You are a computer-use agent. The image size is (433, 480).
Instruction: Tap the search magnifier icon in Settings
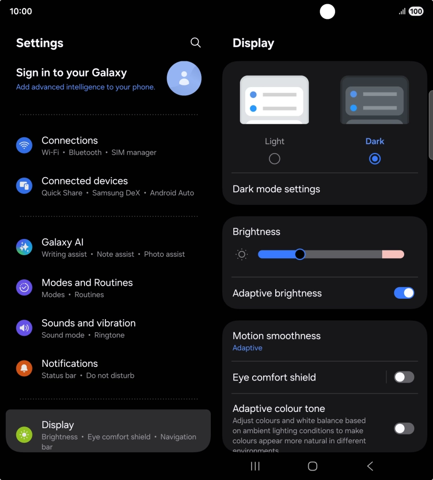click(196, 42)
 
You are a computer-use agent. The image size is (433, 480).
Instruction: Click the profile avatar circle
click(184, 78)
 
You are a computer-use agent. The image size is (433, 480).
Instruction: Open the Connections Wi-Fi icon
click(24, 145)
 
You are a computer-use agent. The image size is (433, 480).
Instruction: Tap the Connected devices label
click(84, 181)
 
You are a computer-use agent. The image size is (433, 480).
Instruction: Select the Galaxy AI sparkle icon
click(24, 247)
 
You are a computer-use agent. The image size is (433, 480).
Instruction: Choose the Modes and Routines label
click(87, 282)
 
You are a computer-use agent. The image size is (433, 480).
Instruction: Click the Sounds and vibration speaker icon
click(24, 328)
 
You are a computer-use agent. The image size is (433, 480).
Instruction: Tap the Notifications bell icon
click(24, 368)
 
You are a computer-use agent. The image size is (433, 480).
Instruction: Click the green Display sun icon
click(24, 434)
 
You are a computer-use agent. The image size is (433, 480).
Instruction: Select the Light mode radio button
click(274, 159)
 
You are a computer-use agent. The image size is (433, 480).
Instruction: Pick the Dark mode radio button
click(375, 159)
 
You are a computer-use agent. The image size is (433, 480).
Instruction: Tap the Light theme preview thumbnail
click(274, 100)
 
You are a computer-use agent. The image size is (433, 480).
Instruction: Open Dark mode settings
click(276, 189)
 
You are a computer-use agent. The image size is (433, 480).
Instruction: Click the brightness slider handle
click(300, 254)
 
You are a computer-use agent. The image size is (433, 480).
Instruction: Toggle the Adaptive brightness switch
click(404, 293)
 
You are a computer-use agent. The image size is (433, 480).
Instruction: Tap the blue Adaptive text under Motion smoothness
click(247, 348)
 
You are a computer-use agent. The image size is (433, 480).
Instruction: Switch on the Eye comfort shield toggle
click(404, 377)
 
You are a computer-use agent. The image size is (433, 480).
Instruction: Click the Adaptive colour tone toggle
click(404, 429)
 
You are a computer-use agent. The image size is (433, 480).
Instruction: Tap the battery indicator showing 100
click(416, 11)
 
